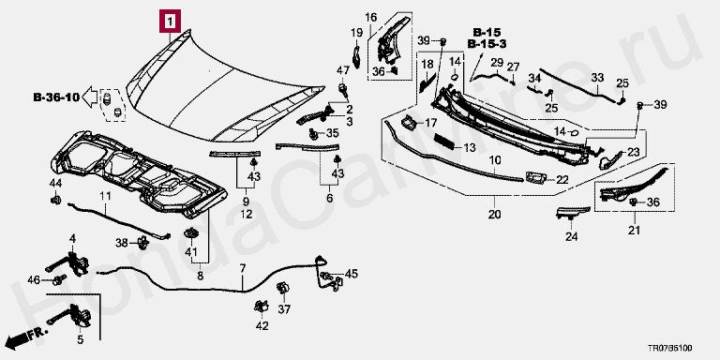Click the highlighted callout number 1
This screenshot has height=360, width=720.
[170, 22]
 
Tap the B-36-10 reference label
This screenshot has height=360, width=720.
[56, 97]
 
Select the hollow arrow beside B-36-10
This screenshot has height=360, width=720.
[90, 97]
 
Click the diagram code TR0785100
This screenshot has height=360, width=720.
[670, 349]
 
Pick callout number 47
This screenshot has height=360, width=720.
[343, 70]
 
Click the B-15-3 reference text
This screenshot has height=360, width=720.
[487, 44]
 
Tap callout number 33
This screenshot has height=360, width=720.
[597, 78]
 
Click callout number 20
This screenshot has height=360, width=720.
[495, 214]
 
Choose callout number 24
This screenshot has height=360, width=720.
[571, 236]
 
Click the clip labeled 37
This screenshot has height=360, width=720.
[281, 290]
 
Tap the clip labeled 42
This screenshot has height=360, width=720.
[261, 306]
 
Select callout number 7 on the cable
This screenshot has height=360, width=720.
[243, 268]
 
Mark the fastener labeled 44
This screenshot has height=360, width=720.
[55, 201]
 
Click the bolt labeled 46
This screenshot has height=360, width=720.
[59, 279]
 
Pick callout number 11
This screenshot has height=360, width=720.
[106, 198]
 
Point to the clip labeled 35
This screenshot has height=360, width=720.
[314, 134]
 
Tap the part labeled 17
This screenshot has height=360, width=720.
[408, 122]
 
